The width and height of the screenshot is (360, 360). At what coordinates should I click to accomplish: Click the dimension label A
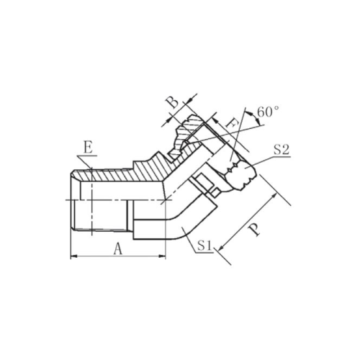(118, 248)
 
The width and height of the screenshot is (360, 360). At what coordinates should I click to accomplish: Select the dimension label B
(174, 102)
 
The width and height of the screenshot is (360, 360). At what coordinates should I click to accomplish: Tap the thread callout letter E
(88, 148)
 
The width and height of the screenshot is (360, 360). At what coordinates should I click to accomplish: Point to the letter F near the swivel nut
(232, 125)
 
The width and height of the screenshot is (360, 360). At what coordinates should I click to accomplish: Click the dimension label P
(254, 230)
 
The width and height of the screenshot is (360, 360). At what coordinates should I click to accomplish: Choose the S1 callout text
(204, 246)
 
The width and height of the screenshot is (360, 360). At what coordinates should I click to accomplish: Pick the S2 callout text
(282, 150)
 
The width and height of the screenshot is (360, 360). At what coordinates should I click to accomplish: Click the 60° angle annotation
(268, 112)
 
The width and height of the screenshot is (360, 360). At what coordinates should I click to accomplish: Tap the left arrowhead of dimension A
(73, 256)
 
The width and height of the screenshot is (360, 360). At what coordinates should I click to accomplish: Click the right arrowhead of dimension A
(163, 256)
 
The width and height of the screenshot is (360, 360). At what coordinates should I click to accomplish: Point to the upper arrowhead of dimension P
(274, 197)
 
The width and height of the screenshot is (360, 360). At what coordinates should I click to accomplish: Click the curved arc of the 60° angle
(256, 117)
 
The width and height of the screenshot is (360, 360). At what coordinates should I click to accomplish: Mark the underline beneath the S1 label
(204, 252)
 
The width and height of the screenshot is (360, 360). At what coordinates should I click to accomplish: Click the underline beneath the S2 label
(282, 157)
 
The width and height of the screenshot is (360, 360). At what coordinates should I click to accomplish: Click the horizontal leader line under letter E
(87, 156)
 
